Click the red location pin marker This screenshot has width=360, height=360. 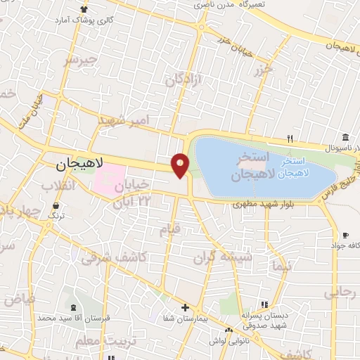click(181, 165)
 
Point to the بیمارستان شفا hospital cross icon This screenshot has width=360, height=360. click(185, 307)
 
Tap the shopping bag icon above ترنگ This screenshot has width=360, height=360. click(56, 205)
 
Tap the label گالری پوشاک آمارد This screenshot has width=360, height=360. click(85, 19)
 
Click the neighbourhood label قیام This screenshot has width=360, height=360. click(170, 229)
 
